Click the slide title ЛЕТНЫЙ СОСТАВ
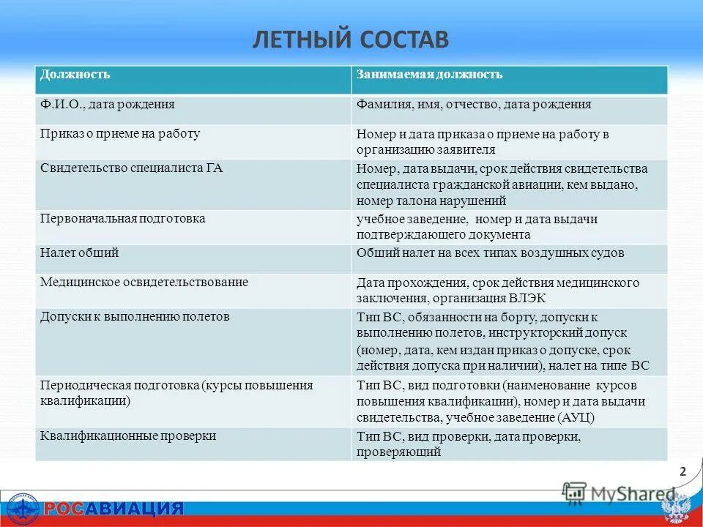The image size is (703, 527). [351, 39]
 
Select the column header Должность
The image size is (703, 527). [75, 75]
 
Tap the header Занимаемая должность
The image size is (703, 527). [429, 75]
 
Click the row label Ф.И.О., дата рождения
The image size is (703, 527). [107, 105]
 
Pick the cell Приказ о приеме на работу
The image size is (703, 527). [120, 134]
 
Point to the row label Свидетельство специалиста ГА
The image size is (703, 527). [131, 168]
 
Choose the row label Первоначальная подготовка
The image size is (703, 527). [122, 219]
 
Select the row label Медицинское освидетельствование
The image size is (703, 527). [144, 282]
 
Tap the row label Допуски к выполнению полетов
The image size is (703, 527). [135, 317]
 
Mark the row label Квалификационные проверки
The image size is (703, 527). [128, 436]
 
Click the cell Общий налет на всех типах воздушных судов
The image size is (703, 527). [490, 253]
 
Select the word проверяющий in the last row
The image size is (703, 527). [398, 452]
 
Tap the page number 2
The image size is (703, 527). [682, 472]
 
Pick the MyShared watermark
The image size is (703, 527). [619, 494]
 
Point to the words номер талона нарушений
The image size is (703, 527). [431, 201]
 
